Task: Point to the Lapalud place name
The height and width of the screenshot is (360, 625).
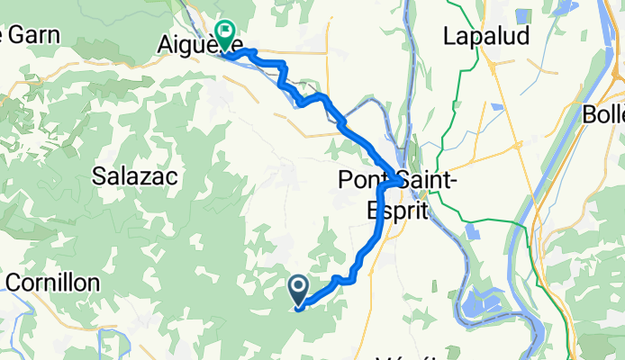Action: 486,35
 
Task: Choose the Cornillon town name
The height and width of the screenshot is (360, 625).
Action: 52,282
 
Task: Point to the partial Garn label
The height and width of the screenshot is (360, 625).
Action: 32,35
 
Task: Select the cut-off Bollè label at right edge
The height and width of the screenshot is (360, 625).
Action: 602,115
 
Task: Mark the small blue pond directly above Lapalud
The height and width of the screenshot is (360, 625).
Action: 497,10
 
